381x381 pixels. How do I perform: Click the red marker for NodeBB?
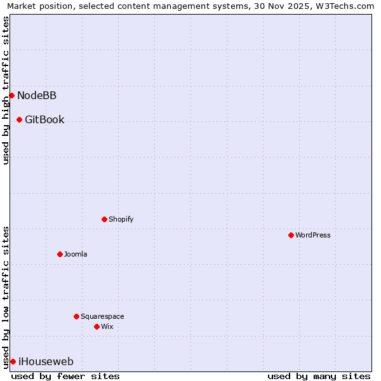click(x=11, y=96)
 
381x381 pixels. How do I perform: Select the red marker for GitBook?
click(x=20, y=120)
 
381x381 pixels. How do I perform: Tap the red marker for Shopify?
click(x=104, y=220)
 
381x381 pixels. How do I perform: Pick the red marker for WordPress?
click(x=291, y=236)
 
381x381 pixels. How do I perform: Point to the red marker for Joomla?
click(x=60, y=255)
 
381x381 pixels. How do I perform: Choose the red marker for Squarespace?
click(x=76, y=317)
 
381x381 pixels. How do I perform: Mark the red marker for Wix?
click(x=97, y=327)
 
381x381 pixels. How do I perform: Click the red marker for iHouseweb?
click(x=13, y=362)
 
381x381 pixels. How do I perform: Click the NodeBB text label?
click(x=37, y=96)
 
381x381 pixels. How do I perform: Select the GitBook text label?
click(x=44, y=120)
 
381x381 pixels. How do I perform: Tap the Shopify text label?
click(x=121, y=220)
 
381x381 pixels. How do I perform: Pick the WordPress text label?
click(x=313, y=236)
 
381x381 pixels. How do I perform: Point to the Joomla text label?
click(x=76, y=255)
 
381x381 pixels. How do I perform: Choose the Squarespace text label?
click(x=102, y=317)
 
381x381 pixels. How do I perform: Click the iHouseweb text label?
click(x=46, y=362)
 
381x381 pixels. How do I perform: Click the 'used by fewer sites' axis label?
click(x=65, y=377)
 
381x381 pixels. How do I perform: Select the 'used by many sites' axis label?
click(x=319, y=377)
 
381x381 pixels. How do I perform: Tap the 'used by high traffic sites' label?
click(x=6, y=90)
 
